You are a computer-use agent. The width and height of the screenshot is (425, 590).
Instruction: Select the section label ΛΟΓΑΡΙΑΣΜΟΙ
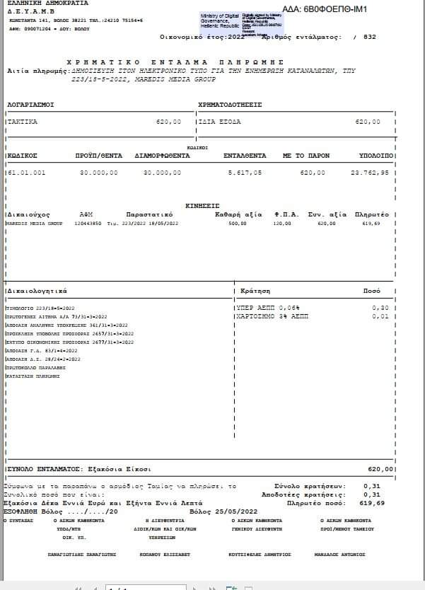coord(30,104)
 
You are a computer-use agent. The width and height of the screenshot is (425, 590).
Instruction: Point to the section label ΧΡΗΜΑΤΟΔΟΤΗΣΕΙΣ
coord(231,104)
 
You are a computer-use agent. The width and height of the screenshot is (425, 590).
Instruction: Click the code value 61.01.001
coord(25,172)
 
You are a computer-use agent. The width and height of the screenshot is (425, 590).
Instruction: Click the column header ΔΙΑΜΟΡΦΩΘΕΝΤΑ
coord(162,154)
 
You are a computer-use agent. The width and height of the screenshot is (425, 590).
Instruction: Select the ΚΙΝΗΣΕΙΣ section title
coord(202,205)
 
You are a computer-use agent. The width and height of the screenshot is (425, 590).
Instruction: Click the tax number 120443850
coord(89,224)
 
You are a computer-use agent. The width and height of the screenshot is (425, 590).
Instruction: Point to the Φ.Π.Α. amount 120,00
coord(282,224)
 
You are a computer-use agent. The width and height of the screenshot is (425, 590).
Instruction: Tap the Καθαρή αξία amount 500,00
coord(237,224)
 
